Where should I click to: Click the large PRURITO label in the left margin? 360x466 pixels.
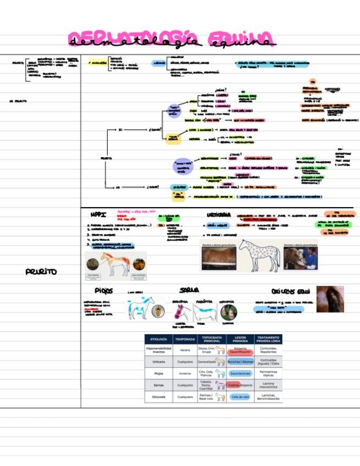tap(41, 272)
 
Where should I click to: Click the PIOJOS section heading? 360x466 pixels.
tap(103, 290)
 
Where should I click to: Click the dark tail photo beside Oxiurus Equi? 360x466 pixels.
tap(330, 299)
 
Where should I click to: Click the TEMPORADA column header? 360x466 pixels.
tap(185, 340)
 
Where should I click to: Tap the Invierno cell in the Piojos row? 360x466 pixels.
tap(185, 373)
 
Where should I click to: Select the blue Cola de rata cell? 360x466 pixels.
tap(240, 396)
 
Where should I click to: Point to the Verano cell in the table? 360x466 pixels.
tap(185, 350)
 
